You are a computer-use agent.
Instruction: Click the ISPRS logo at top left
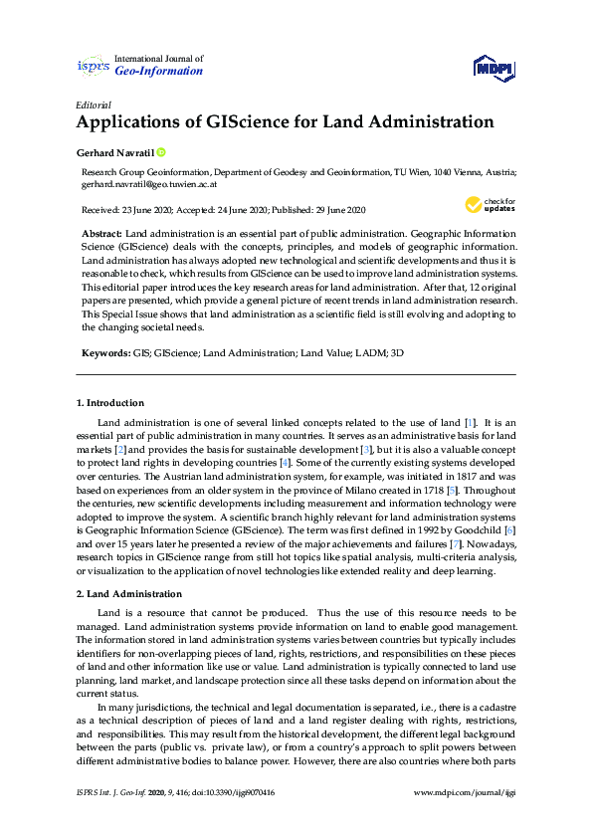[93, 66]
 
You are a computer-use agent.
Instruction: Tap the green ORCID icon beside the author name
[161, 152]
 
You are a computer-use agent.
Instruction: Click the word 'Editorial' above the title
[94, 105]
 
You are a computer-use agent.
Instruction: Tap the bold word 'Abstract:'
[101, 231]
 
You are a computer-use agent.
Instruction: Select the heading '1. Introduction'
[110, 403]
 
